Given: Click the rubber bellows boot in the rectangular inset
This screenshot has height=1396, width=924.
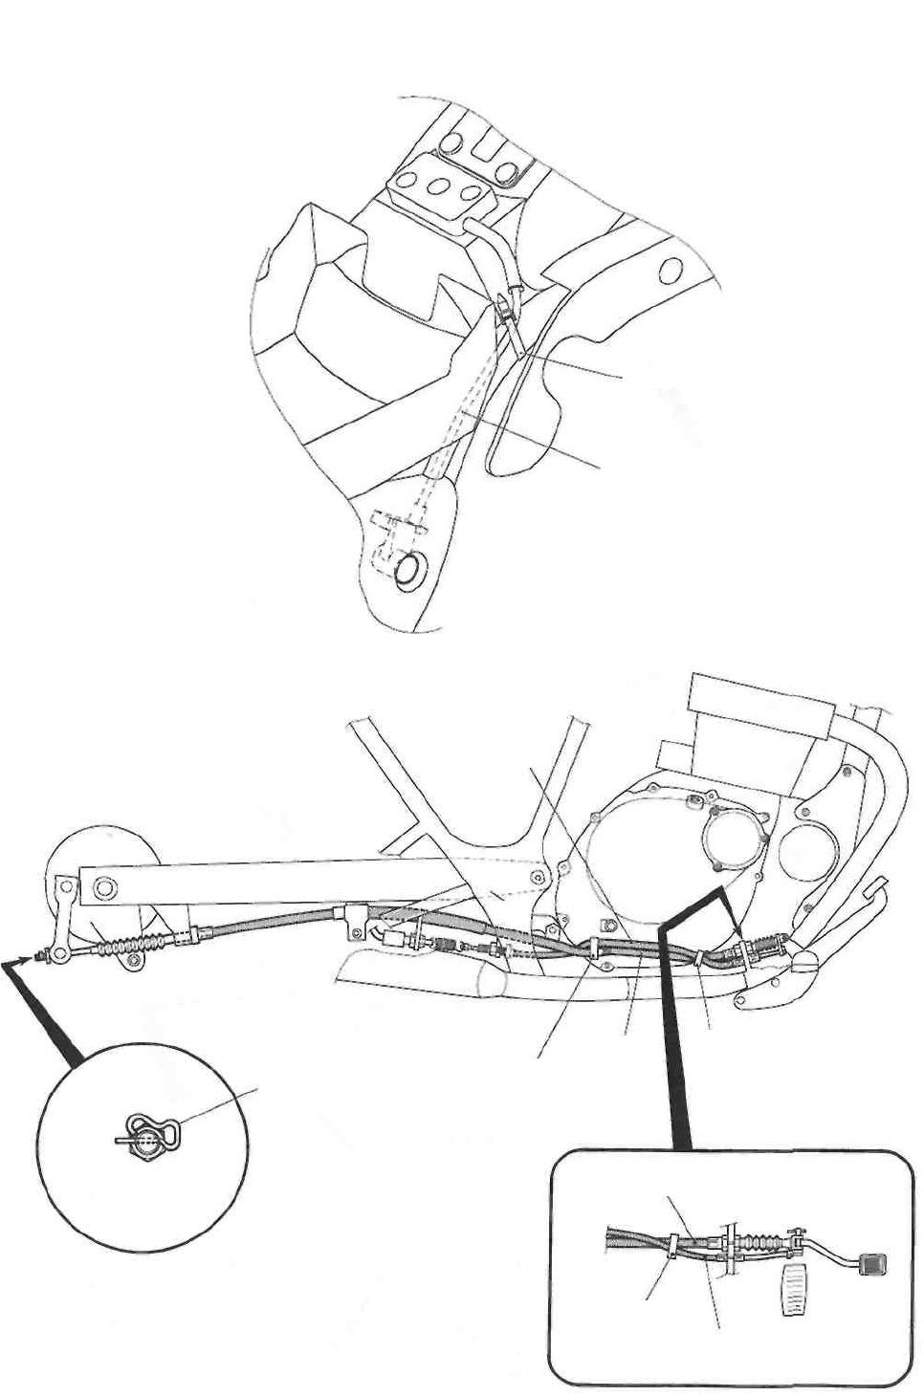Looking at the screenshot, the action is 761,1243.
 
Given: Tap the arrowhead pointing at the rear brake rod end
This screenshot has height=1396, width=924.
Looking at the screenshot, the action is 36,955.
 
